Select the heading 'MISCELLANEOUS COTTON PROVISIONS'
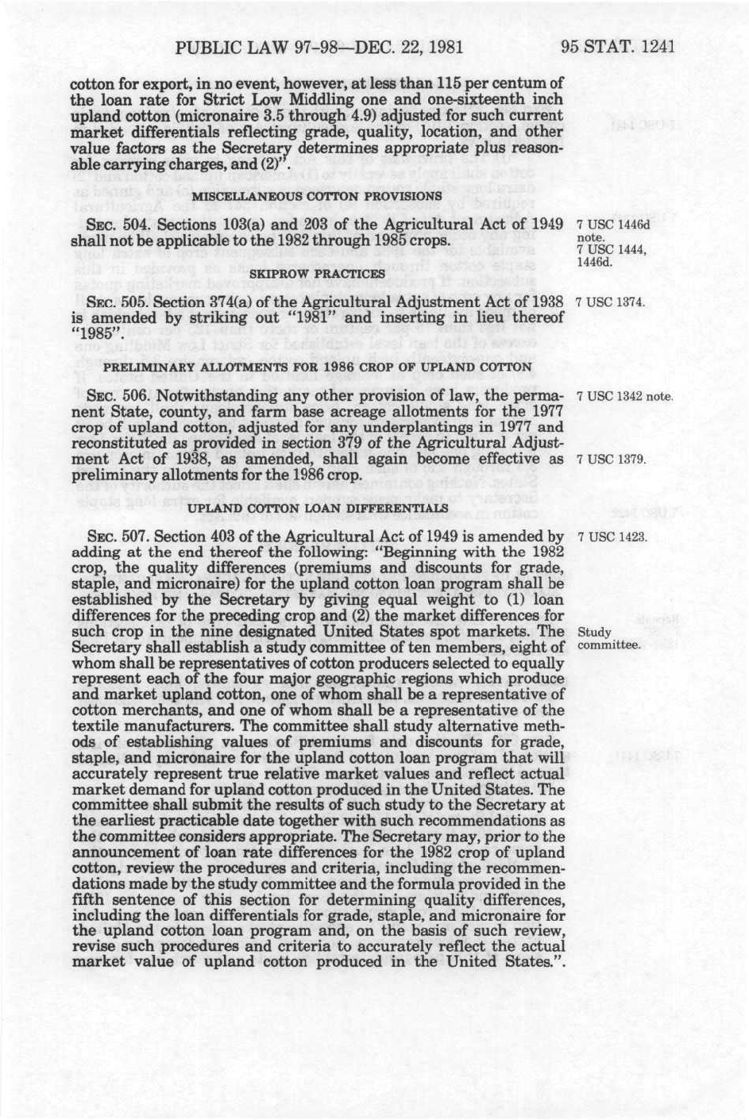pos(317,196)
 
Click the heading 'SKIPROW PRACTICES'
pos(318,273)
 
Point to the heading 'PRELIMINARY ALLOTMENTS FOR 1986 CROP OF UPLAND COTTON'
pos(318,367)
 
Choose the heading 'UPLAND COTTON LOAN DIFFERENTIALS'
pos(317,506)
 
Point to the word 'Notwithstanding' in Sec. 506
pos(204,395)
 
